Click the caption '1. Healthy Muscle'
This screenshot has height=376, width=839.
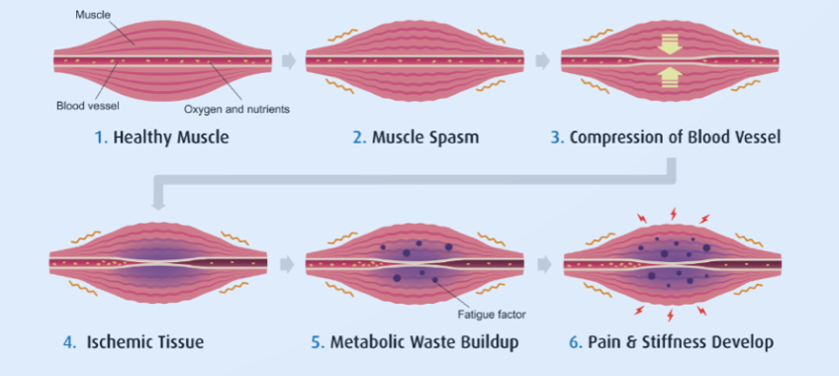(x=162, y=138)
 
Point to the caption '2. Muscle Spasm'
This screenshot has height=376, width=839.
(x=416, y=138)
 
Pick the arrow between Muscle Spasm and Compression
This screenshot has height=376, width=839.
(x=543, y=61)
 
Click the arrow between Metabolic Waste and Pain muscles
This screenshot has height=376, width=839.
(x=543, y=264)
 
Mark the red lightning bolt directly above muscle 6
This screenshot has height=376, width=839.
(x=674, y=213)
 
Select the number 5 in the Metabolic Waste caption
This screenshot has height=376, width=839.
(x=317, y=342)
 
